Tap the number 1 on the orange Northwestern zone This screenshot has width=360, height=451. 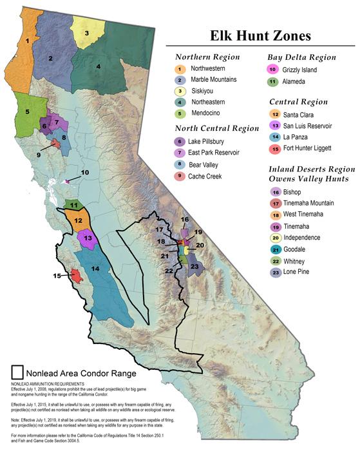(27, 41)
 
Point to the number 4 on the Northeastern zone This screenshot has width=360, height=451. (98, 66)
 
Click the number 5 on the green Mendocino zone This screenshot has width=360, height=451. (27, 111)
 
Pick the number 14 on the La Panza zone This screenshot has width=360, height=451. (95, 268)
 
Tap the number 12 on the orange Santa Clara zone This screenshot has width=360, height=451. (77, 220)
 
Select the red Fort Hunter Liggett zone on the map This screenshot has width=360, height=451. (76, 276)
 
